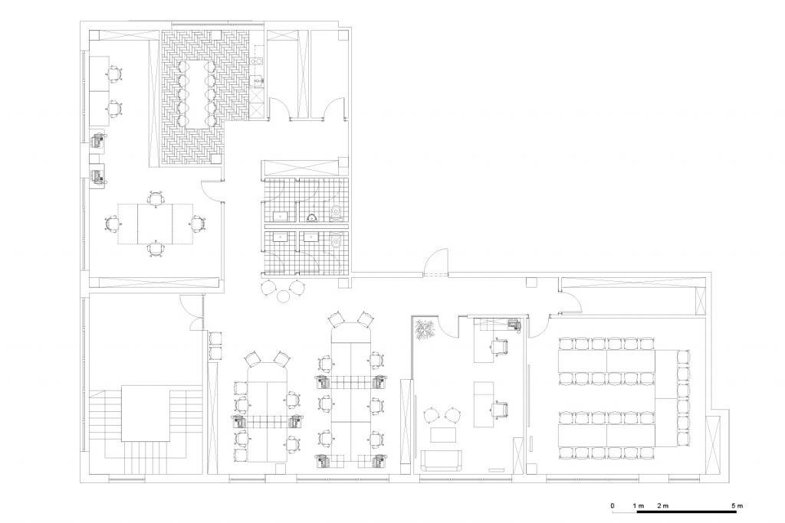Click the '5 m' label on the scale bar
(x=737, y=506)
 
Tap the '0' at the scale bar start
(x=613, y=506)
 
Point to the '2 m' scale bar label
(x=662, y=506)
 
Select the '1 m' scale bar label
(x=639, y=506)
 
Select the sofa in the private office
(x=441, y=460)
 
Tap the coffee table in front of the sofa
(x=442, y=434)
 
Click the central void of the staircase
(x=146, y=413)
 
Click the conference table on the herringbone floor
(x=195, y=93)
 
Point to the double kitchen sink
(x=257, y=62)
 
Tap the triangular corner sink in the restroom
(x=312, y=217)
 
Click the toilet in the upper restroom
(x=337, y=213)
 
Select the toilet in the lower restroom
(x=337, y=242)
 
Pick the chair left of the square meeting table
(x=113, y=223)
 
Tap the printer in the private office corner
(x=514, y=325)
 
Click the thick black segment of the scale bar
(x=686, y=512)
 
